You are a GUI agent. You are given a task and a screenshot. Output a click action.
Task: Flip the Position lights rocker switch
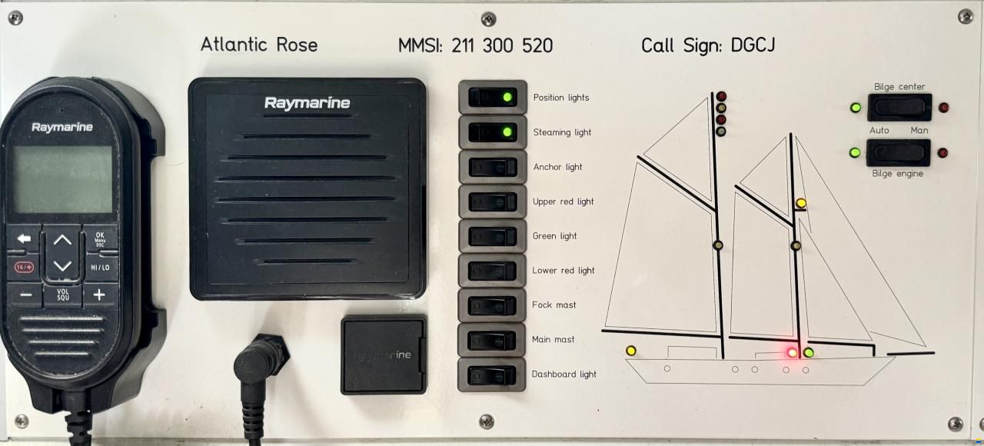point(493,97)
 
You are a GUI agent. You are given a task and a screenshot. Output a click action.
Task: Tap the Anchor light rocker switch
point(493,167)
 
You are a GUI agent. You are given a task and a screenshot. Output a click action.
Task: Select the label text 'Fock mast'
point(553,305)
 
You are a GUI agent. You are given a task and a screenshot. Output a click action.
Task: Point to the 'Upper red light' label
point(563,201)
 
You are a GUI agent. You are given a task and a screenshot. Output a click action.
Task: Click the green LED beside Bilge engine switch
point(855,152)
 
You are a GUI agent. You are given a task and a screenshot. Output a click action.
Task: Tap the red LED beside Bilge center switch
point(943,108)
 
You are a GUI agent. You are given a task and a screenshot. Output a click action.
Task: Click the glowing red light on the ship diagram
point(792,352)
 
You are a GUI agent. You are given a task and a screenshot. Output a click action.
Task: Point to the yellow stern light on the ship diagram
point(631,350)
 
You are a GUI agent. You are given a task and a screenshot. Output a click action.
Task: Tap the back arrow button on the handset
point(24,238)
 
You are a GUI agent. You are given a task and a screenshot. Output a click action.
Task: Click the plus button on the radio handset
point(100,295)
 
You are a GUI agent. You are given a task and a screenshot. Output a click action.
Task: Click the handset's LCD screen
point(63,179)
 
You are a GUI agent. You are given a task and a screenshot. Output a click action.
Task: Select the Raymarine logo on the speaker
point(307,103)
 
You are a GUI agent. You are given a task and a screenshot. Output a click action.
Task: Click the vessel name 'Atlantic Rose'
point(259,45)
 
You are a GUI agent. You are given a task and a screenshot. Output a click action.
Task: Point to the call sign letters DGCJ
point(753,45)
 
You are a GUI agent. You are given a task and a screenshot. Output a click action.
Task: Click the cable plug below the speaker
point(258,364)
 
